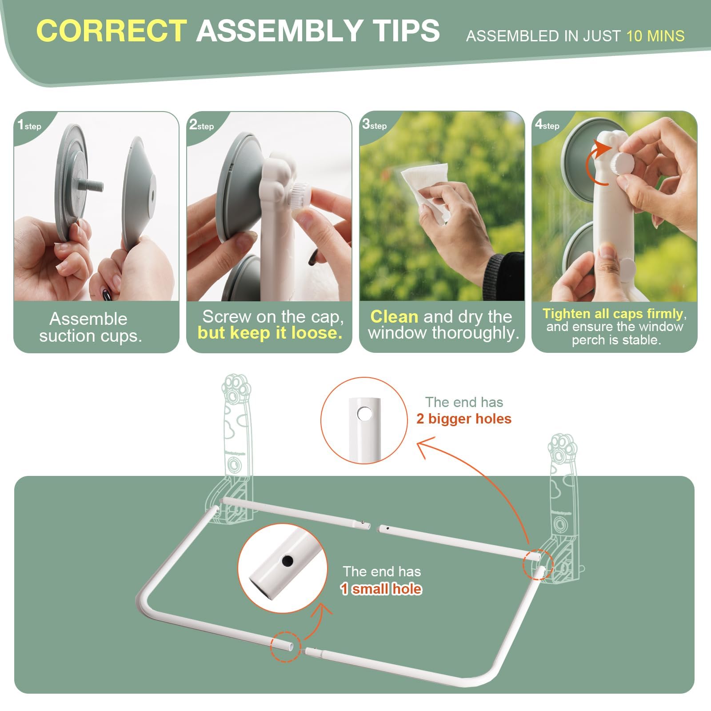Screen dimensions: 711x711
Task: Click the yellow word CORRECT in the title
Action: [112, 31]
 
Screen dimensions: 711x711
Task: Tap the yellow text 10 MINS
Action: [655, 36]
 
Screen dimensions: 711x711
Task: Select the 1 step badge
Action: [29, 125]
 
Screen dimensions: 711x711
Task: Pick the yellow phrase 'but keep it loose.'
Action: [270, 333]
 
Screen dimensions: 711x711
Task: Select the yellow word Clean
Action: [394, 316]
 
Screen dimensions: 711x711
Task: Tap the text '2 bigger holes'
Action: [464, 419]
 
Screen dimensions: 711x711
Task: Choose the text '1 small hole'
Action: [381, 589]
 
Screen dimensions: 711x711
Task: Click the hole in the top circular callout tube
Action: [364, 414]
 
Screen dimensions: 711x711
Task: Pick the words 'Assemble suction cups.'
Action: [90, 327]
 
